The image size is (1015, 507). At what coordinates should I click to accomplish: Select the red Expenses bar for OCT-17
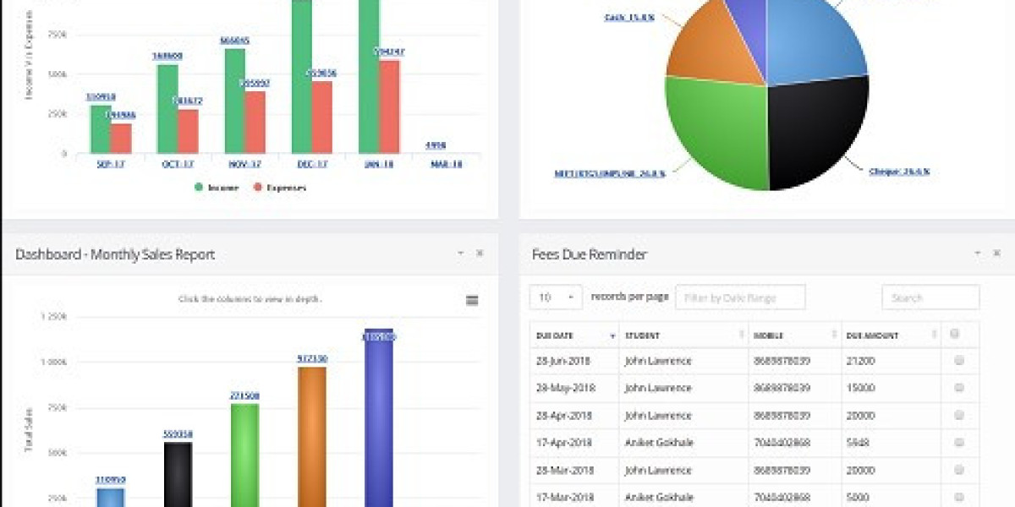[x=188, y=132]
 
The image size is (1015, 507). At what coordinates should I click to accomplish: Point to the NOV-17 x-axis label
[x=245, y=164]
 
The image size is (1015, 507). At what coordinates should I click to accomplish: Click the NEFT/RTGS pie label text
[x=610, y=172]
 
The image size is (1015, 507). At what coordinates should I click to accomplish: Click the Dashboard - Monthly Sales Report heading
[x=115, y=254]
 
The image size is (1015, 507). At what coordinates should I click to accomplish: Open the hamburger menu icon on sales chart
[x=472, y=300]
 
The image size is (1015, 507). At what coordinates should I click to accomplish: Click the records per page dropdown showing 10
[x=556, y=297]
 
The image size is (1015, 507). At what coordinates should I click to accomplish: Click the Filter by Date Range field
[x=740, y=297]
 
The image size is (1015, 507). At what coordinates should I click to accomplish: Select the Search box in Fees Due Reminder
[x=930, y=297]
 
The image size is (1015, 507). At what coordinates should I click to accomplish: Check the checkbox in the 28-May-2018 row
[x=959, y=388]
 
